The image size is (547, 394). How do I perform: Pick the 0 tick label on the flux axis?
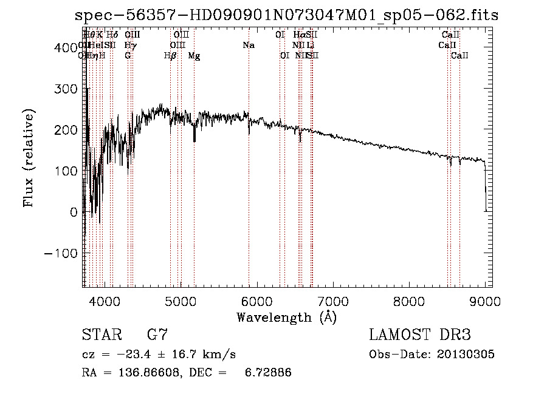click(x=74, y=212)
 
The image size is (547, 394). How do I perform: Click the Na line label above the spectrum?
click(x=248, y=46)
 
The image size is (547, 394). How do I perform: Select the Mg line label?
click(x=194, y=56)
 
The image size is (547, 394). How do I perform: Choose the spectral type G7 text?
click(x=157, y=335)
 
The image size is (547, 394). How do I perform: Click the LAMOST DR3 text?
click(x=419, y=335)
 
